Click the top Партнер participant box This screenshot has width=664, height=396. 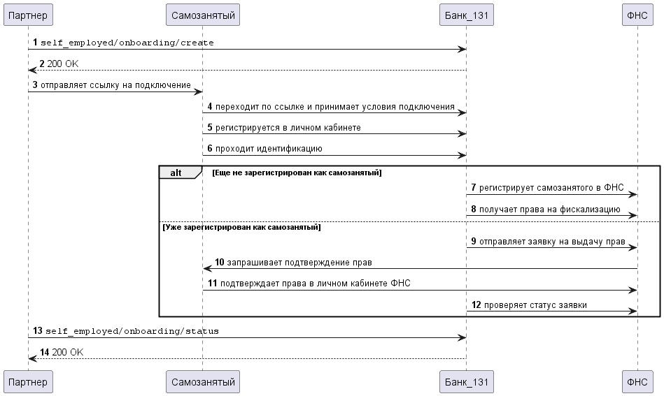click(29, 15)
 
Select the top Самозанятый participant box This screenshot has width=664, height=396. click(203, 15)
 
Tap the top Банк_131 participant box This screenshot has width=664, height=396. click(467, 15)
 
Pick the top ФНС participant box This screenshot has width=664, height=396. click(637, 15)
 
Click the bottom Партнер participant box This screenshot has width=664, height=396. click(29, 381)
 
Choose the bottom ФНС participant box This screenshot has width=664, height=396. click(637, 381)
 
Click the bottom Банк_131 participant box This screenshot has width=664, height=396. click(467, 381)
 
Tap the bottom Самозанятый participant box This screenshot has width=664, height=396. click(203, 381)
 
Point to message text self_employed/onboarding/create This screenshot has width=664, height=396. click(127, 43)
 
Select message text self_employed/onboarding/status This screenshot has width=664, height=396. click(132, 331)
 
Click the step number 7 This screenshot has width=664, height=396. click(474, 187)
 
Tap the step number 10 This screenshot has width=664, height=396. click(220, 262)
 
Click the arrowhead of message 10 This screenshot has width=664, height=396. click(207, 268)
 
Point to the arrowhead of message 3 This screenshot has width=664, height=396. click(198, 91)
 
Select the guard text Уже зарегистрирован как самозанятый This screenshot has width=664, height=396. click(242, 227)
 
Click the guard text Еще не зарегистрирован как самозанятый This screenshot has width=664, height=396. click(297, 173)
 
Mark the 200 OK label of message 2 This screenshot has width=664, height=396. click(63, 64)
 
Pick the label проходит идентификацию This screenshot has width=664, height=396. click(269, 148)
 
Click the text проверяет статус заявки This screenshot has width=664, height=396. click(535, 305)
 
